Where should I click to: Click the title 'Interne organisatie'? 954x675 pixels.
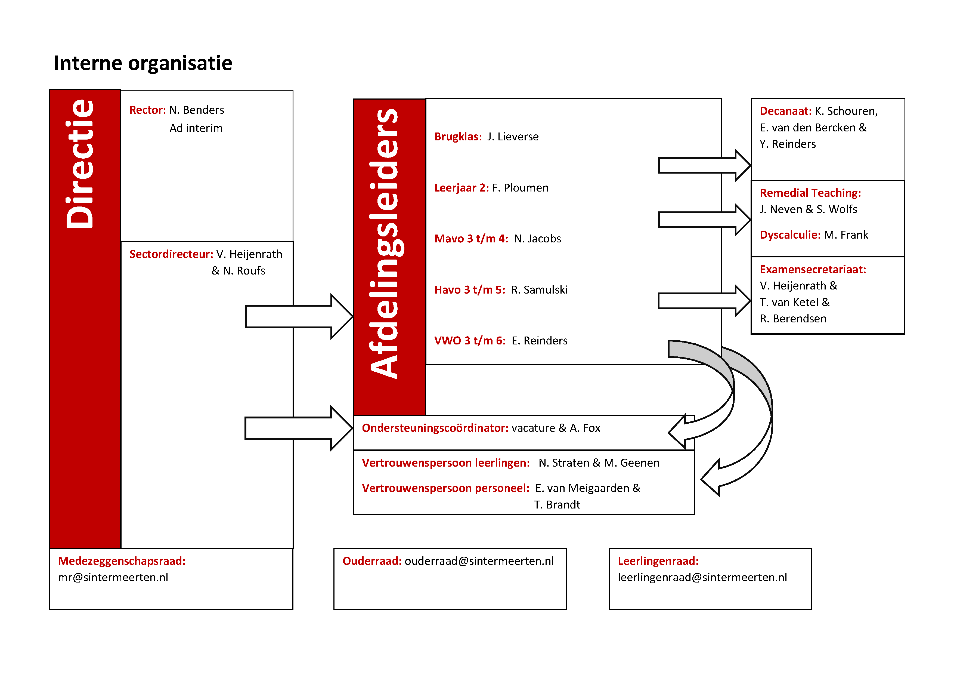[143, 63]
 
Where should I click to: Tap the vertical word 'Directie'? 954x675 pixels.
[80, 164]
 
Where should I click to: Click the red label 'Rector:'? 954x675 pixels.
[147, 110]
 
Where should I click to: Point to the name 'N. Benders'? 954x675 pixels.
[197, 110]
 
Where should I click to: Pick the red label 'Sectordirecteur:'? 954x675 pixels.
[171, 254]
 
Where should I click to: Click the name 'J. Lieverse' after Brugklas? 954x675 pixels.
[513, 137]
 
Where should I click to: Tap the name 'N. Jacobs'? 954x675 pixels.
[537, 239]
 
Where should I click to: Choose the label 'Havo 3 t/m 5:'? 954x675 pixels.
[469, 290]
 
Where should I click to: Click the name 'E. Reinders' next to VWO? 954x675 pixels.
[539, 341]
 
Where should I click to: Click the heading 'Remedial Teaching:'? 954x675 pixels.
[810, 193]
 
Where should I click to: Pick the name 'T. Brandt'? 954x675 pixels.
[557, 505]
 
